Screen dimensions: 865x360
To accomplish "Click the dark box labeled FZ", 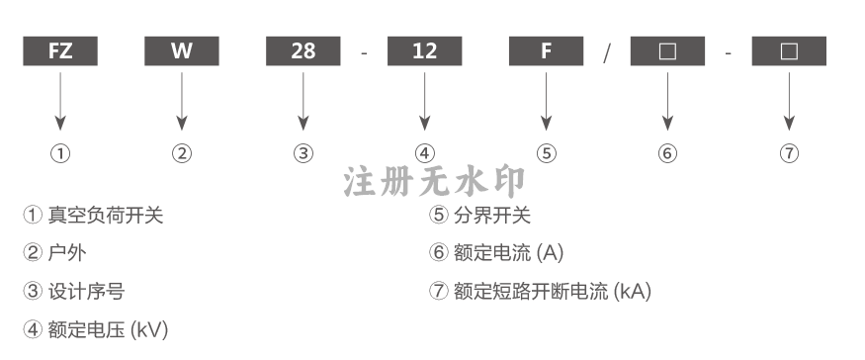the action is coord(60,50).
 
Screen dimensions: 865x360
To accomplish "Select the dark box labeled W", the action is coord(182,50).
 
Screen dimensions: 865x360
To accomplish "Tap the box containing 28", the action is coord(303,50).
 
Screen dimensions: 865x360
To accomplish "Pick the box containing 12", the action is coord(424,50).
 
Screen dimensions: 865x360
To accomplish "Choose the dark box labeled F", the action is coord(546,50).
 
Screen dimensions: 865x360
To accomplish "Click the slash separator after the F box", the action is coord(607,53).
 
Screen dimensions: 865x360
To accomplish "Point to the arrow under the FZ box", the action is coord(60,102).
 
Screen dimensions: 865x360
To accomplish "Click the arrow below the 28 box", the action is coord(303,102).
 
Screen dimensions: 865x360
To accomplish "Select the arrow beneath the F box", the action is coord(546,102).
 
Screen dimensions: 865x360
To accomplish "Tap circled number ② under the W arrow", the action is coord(182,153).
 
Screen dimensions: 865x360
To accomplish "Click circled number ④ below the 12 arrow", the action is coord(424,153).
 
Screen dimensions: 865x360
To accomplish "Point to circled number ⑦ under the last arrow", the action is coord(789,153).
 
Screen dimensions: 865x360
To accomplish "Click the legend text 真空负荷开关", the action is coord(106,215).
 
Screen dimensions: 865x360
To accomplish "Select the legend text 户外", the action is coord(67,253).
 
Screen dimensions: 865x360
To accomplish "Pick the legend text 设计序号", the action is coord(86,291).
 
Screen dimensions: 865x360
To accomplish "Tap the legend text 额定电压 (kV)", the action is coord(108,329).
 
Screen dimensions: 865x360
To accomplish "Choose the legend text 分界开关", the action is coord(492,215).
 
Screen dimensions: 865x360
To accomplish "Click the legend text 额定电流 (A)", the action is coord(509,253).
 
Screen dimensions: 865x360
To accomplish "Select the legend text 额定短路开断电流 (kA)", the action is coord(553,291).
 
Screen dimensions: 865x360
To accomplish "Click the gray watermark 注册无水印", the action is coord(434,181).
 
